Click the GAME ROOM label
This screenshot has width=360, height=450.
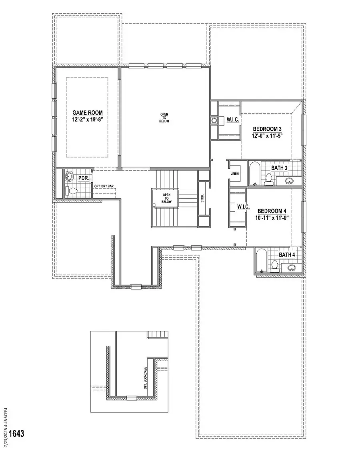(x=86, y=113)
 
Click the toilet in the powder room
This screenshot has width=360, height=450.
(x=72, y=191)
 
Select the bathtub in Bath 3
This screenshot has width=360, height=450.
(x=254, y=173)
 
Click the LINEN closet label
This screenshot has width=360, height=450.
(x=234, y=174)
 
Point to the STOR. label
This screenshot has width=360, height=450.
(x=203, y=199)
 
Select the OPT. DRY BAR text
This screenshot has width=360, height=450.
(x=103, y=186)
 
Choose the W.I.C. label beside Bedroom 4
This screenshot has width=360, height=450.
(x=243, y=207)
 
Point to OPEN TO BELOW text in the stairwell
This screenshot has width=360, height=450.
(x=166, y=198)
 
